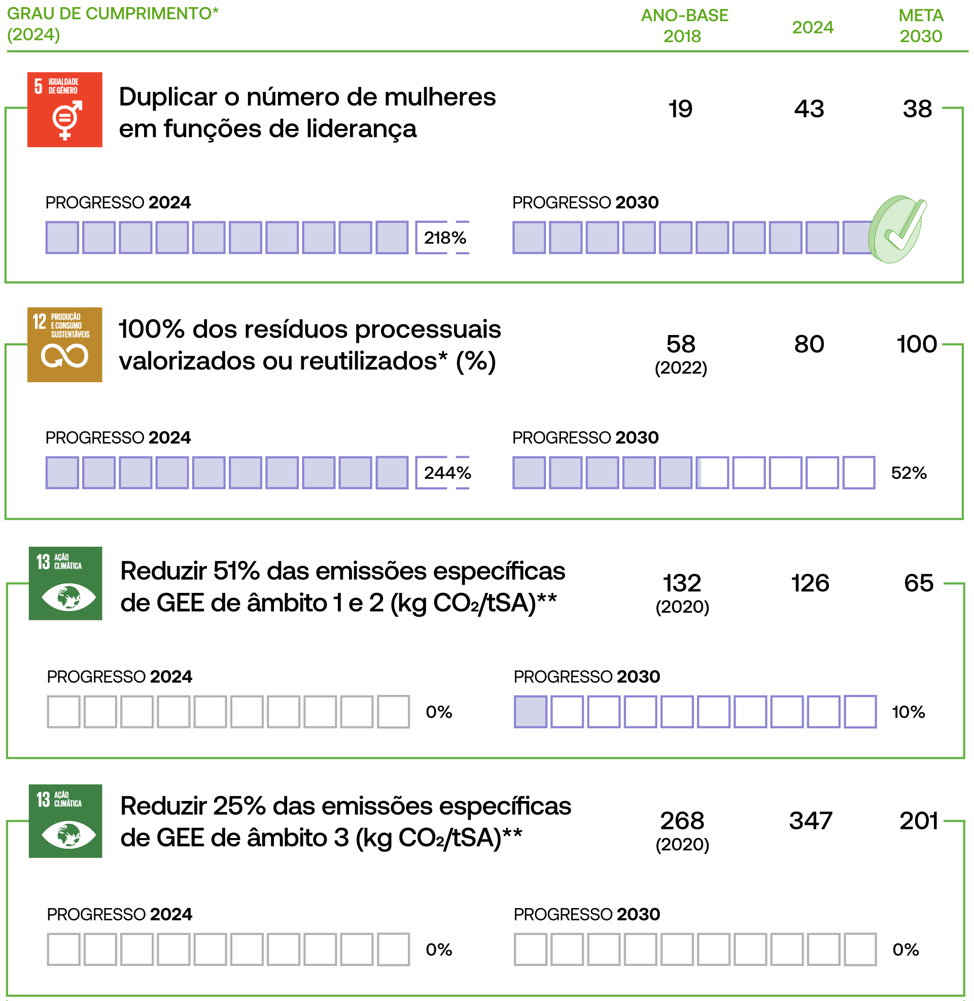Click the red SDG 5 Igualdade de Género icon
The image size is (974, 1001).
pos(64,110)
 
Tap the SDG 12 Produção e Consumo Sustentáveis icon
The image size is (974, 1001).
pos(64,345)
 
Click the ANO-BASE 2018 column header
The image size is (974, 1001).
pos(684,25)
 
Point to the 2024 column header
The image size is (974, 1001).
pos(812,27)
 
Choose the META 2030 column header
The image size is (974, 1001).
pos(920,25)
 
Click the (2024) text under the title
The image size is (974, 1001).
pos(33,35)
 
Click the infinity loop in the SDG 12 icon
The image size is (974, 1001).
pos(64,356)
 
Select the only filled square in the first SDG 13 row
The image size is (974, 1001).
pos(531,711)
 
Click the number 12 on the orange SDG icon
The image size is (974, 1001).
pos(40,321)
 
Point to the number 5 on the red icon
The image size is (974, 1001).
pos(39,86)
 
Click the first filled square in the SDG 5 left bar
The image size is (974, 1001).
pos(62,238)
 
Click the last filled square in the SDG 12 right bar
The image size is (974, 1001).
pos(676,473)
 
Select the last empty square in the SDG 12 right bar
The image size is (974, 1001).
pos(859,473)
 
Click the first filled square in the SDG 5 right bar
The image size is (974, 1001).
pos(529,238)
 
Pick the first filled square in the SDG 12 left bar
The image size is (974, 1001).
pos(62,473)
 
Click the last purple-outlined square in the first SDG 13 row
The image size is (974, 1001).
pos(860,711)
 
